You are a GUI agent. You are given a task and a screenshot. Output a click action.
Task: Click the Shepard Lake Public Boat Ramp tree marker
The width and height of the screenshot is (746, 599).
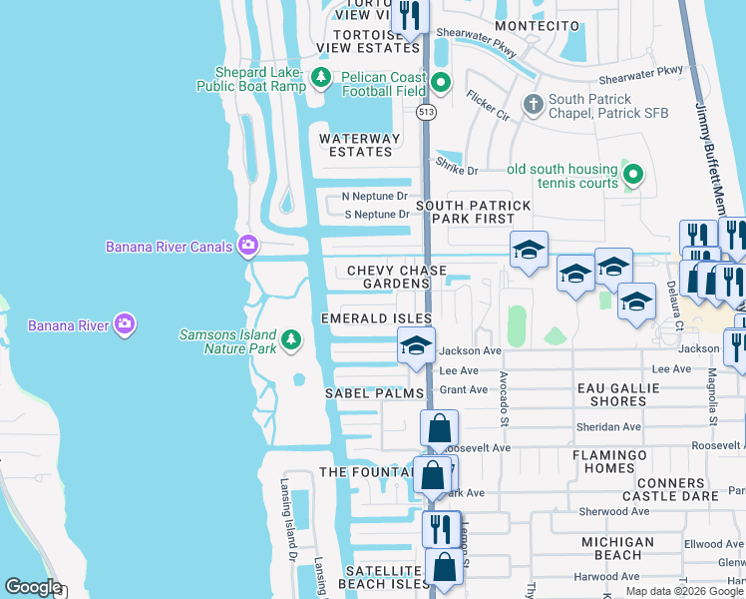[320, 78]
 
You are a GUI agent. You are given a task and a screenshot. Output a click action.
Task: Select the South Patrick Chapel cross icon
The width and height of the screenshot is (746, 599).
[534, 103]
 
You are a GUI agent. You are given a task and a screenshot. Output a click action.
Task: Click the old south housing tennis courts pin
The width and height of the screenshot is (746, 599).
[632, 176]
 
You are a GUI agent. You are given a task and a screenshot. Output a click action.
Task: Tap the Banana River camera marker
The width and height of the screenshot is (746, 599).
[125, 323]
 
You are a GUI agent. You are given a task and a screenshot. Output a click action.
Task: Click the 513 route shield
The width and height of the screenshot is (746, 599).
[427, 112]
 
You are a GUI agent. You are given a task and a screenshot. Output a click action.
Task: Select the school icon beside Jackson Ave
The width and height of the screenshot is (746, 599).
[416, 346]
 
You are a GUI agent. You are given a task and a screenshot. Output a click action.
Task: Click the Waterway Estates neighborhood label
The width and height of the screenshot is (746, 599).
[359, 145]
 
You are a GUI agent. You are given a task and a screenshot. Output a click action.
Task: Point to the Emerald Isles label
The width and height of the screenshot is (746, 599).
[376, 318]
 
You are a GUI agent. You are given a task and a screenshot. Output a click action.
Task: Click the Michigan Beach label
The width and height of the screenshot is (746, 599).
[617, 548]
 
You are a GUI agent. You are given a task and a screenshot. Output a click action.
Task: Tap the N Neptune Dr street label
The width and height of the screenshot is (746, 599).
[375, 197]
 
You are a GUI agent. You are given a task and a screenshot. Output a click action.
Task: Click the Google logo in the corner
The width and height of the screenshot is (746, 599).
[34, 587]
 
